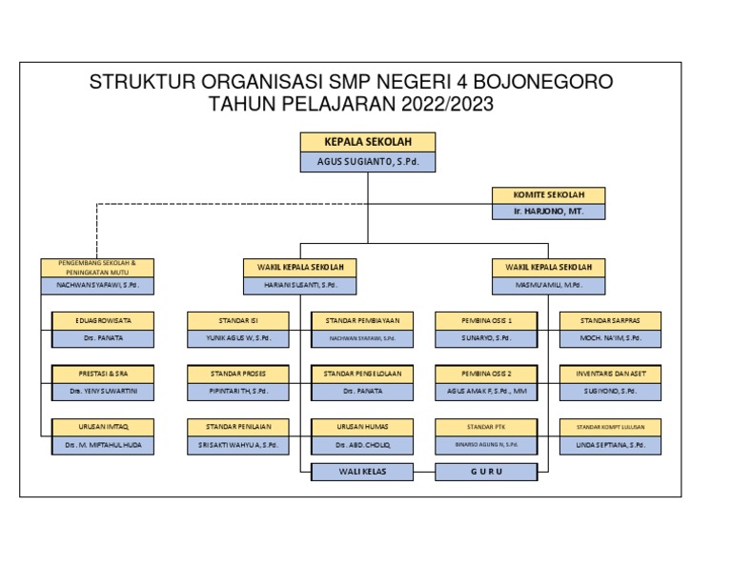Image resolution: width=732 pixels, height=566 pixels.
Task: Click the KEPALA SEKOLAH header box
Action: [x=368, y=142]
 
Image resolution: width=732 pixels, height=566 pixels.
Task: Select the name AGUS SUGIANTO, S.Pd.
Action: [x=368, y=163]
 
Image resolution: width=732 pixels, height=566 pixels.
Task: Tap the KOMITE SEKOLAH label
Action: [x=547, y=194]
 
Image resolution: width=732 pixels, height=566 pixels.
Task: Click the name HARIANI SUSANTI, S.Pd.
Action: [x=300, y=285]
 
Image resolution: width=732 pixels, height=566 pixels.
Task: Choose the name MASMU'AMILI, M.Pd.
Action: [x=548, y=285]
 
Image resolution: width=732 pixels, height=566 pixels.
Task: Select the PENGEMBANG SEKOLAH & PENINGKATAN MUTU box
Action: [x=97, y=267]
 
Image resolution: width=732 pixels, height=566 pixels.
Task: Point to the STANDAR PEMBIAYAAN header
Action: [x=362, y=321]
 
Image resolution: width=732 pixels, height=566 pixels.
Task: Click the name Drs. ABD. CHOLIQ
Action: [x=362, y=445]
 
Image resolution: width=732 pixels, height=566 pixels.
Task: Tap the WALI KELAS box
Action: [x=362, y=471]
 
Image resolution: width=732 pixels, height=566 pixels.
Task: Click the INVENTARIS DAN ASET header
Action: [x=611, y=374]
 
